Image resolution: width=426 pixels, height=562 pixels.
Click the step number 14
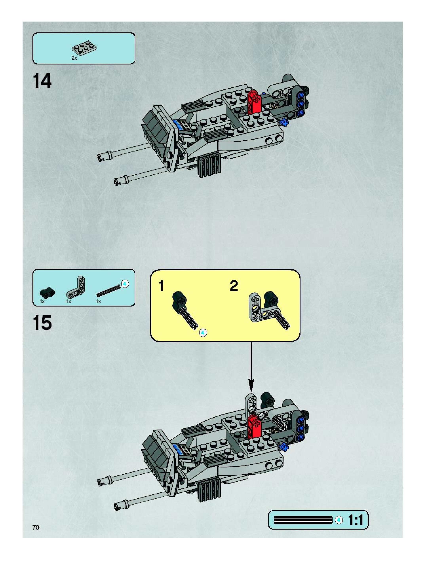click(x=42, y=81)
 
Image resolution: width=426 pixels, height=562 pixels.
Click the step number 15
click(x=42, y=323)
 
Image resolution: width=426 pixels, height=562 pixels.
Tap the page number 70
click(x=36, y=527)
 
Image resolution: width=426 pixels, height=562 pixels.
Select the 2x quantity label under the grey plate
click(x=74, y=58)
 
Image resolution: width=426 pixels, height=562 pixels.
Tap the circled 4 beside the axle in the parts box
click(x=125, y=284)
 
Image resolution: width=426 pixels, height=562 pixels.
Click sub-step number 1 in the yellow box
click(x=161, y=286)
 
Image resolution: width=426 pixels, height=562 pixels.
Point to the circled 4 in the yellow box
click(x=203, y=333)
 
